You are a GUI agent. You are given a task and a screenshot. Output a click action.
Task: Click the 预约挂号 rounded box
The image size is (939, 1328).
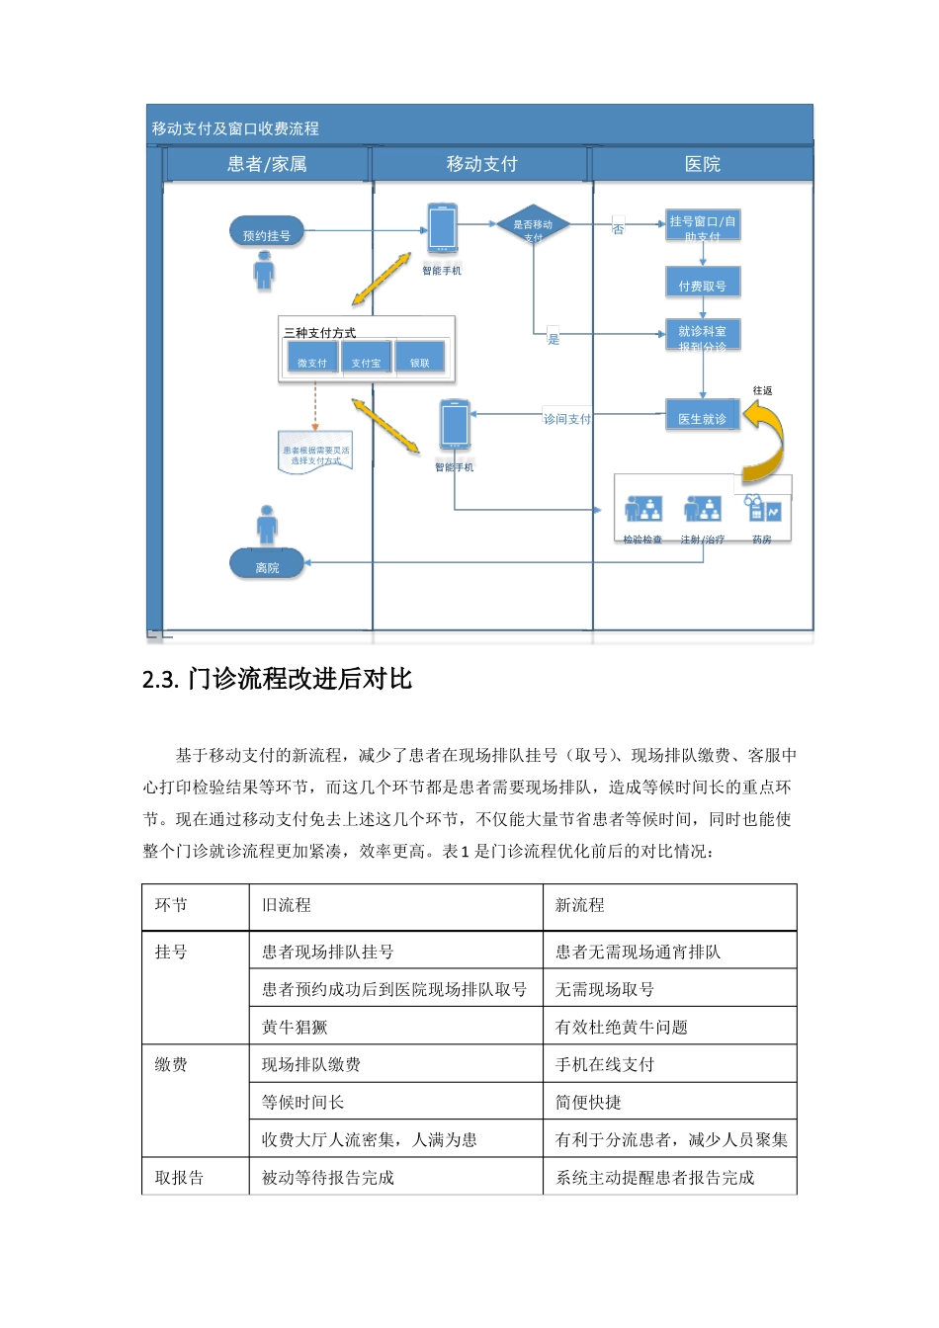(x=267, y=234)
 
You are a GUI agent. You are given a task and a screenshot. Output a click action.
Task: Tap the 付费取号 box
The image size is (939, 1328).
(x=703, y=285)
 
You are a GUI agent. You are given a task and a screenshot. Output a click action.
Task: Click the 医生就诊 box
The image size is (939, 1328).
(x=703, y=418)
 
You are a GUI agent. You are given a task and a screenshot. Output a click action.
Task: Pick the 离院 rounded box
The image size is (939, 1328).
(x=267, y=566)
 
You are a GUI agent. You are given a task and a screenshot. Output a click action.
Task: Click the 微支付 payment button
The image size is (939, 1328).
(x=311, y=361)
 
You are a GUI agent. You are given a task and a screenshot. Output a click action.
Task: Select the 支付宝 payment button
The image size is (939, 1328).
(x=366, y=361)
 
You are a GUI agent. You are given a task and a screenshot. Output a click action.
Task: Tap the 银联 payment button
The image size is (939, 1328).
(x=420, y=361)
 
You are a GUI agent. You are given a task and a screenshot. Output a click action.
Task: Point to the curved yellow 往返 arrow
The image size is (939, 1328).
(x=766, y=437)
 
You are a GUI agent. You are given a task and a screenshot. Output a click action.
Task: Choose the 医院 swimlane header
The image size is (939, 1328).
(x=703, y=164)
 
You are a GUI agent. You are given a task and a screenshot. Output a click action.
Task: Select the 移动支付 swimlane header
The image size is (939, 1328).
(x=481, y=164)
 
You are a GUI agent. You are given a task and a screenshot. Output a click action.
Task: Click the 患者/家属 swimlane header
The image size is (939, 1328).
(x=267, y=164)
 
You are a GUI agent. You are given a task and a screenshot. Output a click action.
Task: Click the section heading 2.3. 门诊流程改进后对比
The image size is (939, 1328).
(x=277, y=679)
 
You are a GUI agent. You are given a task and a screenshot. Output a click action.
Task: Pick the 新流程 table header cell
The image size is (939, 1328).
(x=580, y=905)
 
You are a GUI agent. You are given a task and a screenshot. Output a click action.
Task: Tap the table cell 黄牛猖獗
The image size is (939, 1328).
(x=295, y=1028)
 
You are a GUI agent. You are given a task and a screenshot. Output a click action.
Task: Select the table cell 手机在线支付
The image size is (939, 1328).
(x=605, y=1064)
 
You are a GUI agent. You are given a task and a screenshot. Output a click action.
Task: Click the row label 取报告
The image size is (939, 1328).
(x=179, y=1178)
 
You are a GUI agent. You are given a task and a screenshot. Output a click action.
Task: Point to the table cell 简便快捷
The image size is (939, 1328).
(x=588, y=1102)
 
